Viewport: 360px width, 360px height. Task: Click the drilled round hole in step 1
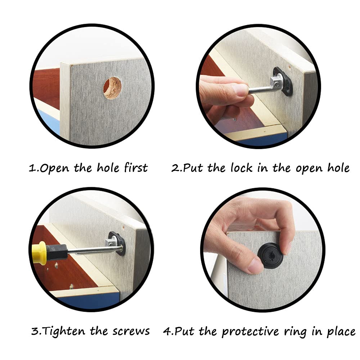click(112, 88)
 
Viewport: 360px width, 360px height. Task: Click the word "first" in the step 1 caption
click(136, 167)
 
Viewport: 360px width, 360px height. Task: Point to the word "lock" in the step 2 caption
click(242, 168)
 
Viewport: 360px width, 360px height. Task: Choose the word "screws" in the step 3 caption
click(131, 332)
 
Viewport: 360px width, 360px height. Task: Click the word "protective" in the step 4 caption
click(250, 332)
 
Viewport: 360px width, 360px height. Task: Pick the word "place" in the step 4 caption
click(342, 332)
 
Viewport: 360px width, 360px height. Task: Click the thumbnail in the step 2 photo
click(239, 90)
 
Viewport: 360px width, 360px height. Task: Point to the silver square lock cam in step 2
click(276, 83)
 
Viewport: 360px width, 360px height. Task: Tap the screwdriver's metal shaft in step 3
click(94, 250)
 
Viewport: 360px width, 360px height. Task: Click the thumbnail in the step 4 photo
click(256, 266)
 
